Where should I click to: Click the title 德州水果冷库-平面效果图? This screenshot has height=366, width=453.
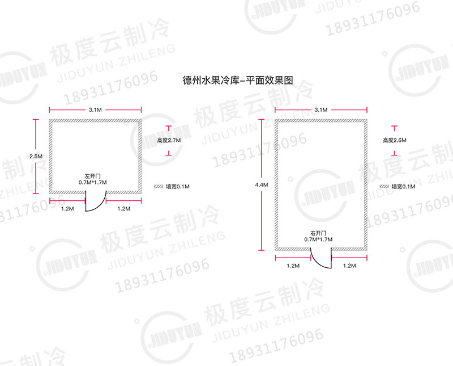point(238,80)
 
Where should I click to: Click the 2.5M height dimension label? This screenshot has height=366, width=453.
point(36,157)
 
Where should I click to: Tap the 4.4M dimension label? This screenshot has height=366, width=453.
point(262,185)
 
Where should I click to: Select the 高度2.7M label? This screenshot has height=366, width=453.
point(169,140)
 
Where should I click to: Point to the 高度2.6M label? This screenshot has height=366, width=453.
point(395,140)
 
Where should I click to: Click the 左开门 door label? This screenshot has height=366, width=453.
point(92,176)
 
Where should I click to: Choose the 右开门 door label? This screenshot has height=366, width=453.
point(318,233)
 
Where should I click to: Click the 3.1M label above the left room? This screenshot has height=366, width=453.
point(95,110)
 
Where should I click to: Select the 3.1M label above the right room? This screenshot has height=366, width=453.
point(321,110)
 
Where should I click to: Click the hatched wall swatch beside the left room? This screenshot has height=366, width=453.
point(159,187)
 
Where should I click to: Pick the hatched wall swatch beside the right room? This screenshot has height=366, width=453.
point(384,187)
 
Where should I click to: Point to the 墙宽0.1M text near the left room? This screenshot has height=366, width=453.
point(178,187)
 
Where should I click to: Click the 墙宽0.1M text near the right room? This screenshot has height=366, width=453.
point(403,187)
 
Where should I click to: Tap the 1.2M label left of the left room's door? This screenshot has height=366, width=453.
point(67,209)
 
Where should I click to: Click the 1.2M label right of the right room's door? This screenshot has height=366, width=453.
point(349,266)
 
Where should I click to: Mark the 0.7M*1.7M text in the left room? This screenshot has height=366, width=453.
point(93,182)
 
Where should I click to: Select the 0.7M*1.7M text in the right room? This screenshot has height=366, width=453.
point(318,239)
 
